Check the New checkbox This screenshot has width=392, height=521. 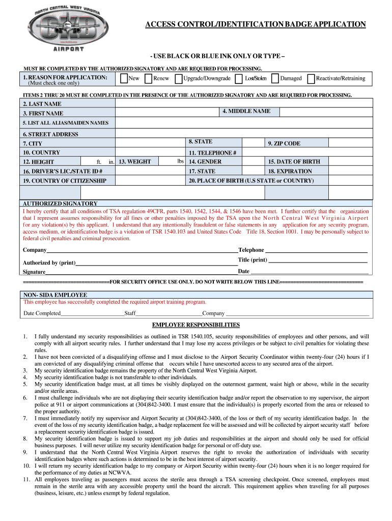[x=124, y=78]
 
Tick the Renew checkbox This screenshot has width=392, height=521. [x=148, y=78]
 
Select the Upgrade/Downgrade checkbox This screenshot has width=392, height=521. [x=179, y=78]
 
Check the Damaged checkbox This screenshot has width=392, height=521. [x=275, y=78]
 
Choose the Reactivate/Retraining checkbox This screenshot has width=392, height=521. [x=312, y=78]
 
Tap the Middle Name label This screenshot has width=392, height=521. [x=246, y=111]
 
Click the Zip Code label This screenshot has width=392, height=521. [x=284, y=143]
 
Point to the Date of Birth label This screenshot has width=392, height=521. [x=294, y=161]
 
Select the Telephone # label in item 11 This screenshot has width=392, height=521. [x=212, y=153]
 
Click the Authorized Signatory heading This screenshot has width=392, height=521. [x=60, y=203]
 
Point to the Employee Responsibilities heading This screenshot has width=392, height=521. [x=196, y=325]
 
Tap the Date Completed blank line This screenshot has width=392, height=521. [x=92, y=313]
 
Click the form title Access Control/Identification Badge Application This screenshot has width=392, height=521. [x=255, y=24]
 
